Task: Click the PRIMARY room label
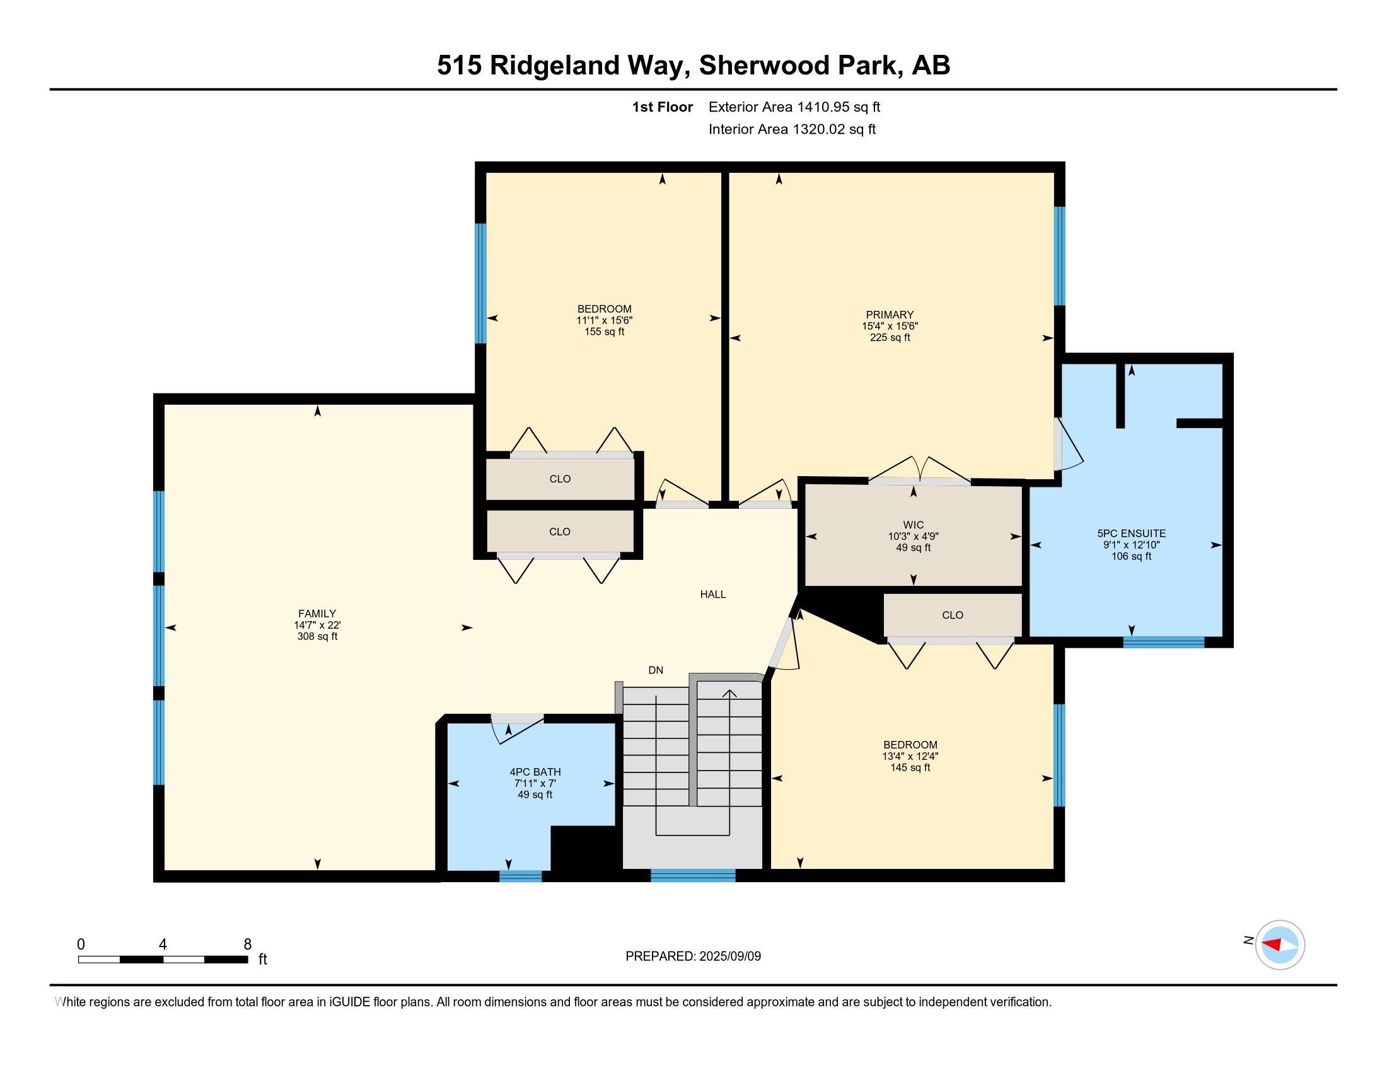(889, 315)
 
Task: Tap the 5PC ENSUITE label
(1130, 533)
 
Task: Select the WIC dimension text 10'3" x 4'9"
(914, 537)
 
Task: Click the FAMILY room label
(317, 614)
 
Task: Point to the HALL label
(712, 595)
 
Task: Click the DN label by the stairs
(656, 670)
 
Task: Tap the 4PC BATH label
(535, 772)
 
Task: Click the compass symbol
(1280, 945)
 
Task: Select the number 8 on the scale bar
(248, 945)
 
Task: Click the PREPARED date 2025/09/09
(729, 957)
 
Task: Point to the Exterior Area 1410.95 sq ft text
(794, 107)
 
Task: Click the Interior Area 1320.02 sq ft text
(792, 129)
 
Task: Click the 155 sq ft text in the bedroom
(604, 332)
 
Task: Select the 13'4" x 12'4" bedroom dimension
(910, 756)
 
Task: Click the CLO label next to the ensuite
(952, 615)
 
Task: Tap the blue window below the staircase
(692, 876)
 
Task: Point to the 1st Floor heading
(662, 107)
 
